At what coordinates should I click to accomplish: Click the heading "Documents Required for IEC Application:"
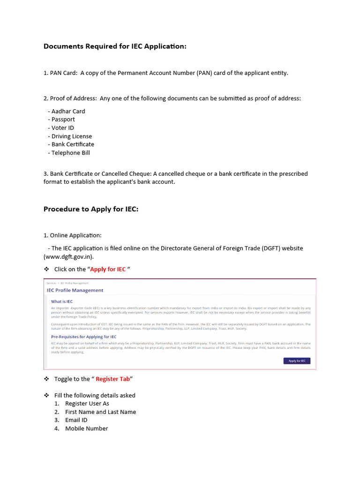pyautogui.click(x=115, y=46)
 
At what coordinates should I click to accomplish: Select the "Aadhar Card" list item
pyautogui.click(x=68, y=111)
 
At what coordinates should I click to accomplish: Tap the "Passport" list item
pyautogui.click(x=63, y=120)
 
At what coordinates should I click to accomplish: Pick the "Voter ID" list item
pyautogui.click(x=62, y=128)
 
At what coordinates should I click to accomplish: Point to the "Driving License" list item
pyautogui.click(x=72, y=136)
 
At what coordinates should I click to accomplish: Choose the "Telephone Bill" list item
pyautogui.click(x=70, y=153)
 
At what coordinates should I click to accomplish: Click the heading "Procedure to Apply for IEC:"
pyautogui.click(x=91, y=209)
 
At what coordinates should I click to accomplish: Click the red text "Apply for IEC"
pyautogui.click(x=108, y=270)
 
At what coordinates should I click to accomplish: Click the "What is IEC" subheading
pyautogui.click(x=62, y=301)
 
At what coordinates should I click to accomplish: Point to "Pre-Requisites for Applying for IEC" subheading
pyautogui.click(x=84, y=337)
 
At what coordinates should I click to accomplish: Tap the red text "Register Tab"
pyautogui.click(x=112, y=379)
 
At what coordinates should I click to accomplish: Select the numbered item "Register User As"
pyautogui.click(x=87, y=404)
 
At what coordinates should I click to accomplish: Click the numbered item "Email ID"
pyautogui.click(x=76, y=420)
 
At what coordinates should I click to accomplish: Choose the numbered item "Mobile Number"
pyautogui.click(x=86, y=428)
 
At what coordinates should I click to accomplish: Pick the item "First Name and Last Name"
pyautogui.click(x=100, y=412)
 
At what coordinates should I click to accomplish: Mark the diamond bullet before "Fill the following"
pyautogui.click(x=46, y=395)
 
